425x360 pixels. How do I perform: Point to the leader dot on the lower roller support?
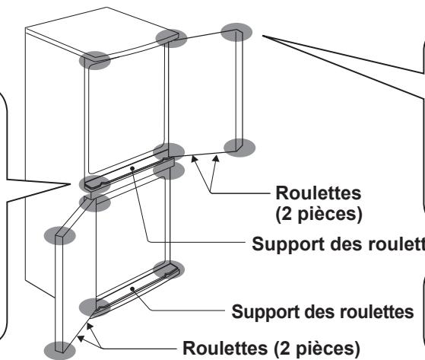132,289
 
